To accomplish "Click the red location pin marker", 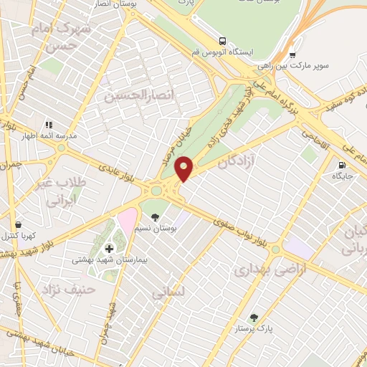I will pyautogui.click(x=185, y=168).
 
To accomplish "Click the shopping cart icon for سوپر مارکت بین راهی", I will pyautogui.click(x=292, y=55).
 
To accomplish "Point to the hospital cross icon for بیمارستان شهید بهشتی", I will pyautogui.click(x=109, y=249).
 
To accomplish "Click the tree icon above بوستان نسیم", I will pyautogui.click(x=155, y=216).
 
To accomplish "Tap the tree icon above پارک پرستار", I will pyautogui.click(x=254, y=318).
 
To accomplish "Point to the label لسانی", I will pyautogui.click(x=168, y=293).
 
